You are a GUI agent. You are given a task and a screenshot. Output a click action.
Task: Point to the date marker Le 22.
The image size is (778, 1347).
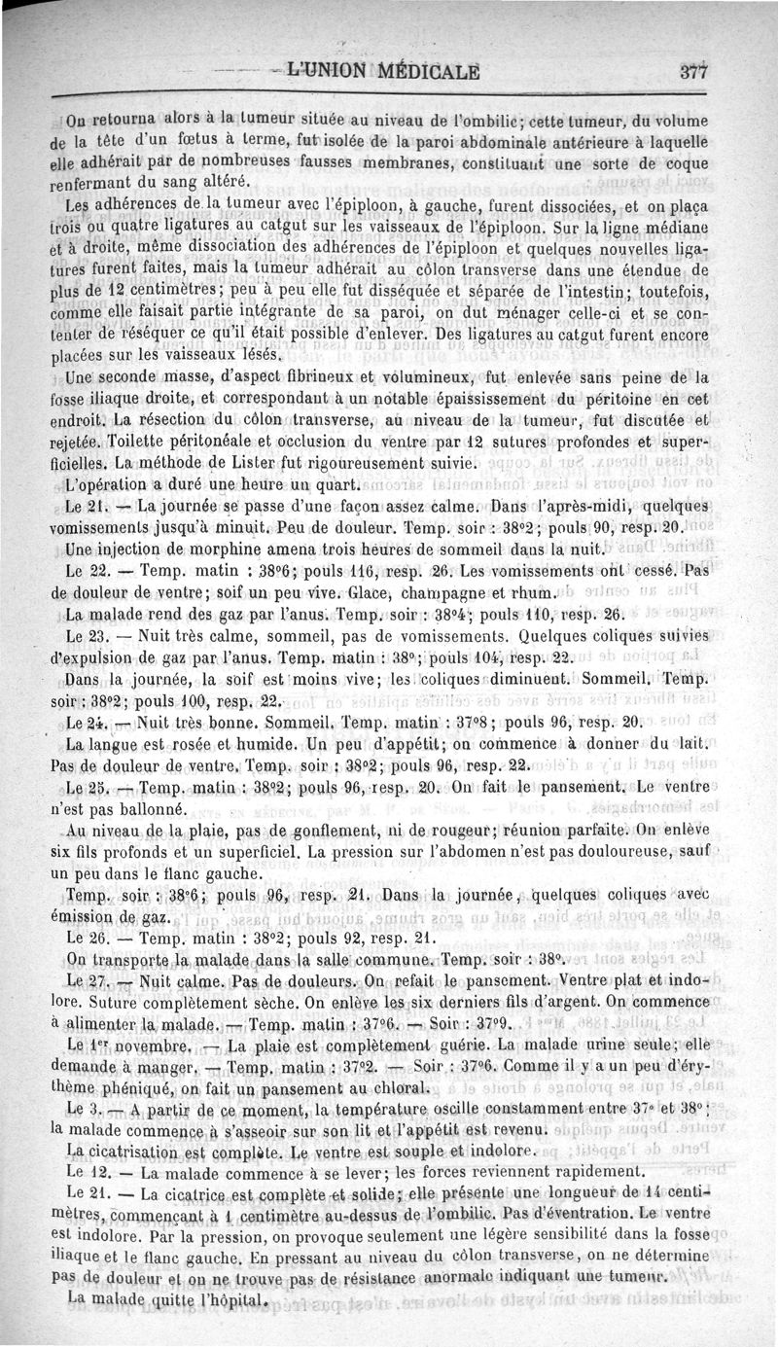pyautogui.click(x=86, y=572)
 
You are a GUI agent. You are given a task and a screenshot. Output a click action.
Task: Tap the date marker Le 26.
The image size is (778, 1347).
pyautogui.click(x=86, y=939)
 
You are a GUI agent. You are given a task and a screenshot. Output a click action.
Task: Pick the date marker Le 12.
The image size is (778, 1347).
pyautogui.click(x=86, y=1171)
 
